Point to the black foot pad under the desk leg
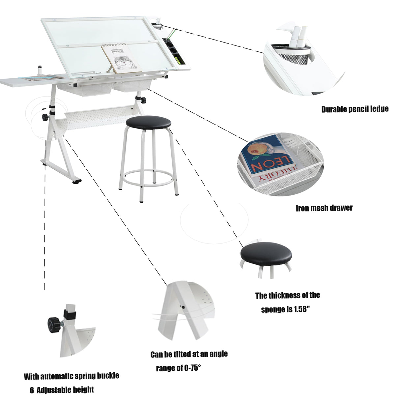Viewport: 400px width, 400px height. point(76,181)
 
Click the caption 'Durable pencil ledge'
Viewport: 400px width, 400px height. point(355,109)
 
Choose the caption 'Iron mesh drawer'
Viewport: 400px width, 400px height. point(324,208)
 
